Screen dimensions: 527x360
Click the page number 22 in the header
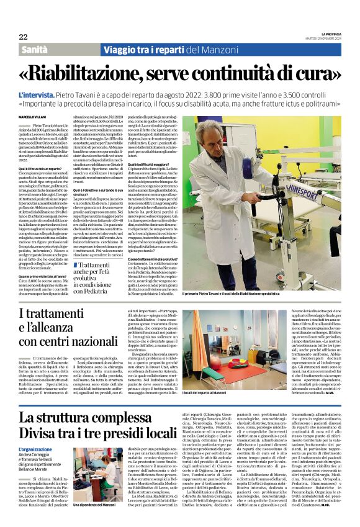(23, 37)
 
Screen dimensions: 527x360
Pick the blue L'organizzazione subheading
(35, 449)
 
